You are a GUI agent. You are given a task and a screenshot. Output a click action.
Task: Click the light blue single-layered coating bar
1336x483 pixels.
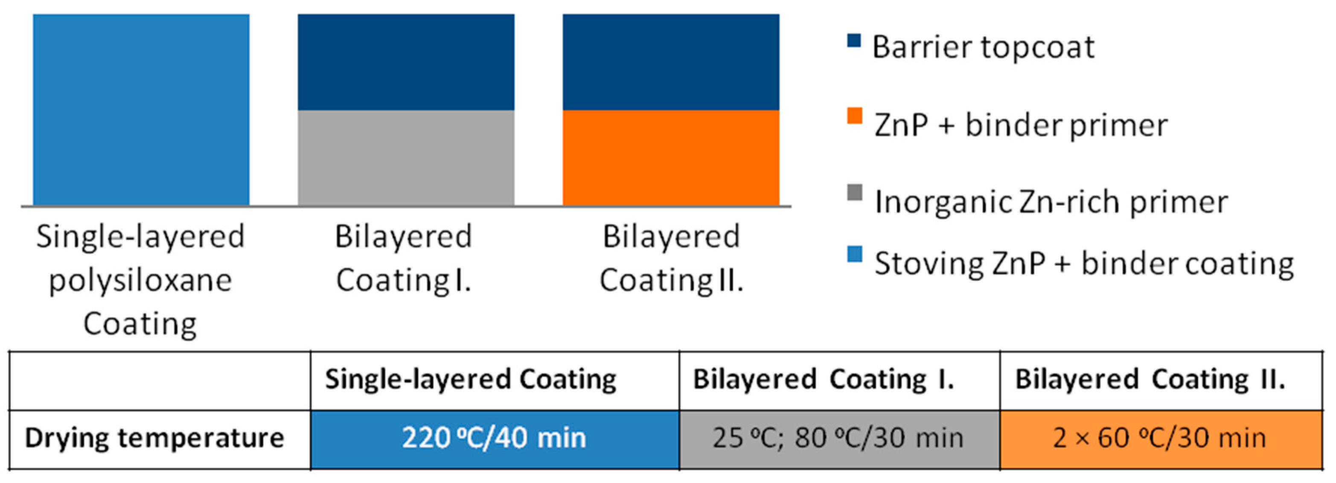[x=141, y=110]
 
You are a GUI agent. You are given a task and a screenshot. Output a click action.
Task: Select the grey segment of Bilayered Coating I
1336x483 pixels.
[x=406, y=158]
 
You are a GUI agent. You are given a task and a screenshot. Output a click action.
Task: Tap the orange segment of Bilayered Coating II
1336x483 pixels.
[x=671, y=158]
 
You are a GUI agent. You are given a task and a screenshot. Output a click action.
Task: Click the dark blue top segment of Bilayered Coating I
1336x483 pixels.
[x=406, y=62]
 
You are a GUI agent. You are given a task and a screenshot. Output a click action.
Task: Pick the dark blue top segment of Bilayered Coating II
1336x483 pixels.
[x=671, y=62]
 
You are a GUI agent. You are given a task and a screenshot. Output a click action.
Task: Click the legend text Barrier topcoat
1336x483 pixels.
[x=983, y=47]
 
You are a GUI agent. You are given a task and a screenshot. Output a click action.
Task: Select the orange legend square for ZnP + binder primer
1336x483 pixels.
[x=855, y=116]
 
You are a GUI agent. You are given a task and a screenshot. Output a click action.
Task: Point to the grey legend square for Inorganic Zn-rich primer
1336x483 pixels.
[x=855, y=193]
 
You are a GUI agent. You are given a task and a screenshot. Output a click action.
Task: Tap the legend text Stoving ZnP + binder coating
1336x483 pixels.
[x=1084, y=264]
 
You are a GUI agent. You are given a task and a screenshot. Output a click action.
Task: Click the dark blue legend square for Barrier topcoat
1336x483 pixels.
[x=854, y=40]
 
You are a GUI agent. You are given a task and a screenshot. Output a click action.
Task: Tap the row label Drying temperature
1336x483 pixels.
[x=155, y=438]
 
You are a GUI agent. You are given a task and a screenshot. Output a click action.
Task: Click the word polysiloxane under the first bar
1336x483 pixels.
[x=140, y=281]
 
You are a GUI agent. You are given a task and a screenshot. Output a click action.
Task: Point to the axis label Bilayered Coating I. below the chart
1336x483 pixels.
[x=404, y=258]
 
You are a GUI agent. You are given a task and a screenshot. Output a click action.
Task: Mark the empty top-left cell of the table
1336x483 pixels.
[x=160, y=381]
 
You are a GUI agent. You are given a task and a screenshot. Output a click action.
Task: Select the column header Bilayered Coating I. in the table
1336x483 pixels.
[x=824, y=380]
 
